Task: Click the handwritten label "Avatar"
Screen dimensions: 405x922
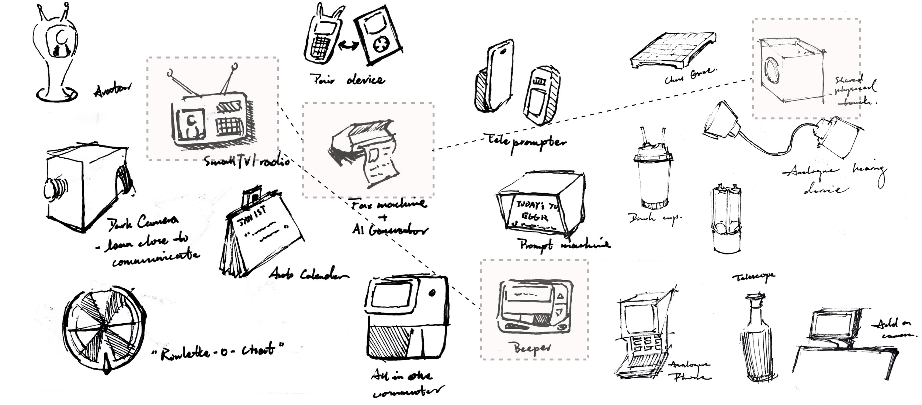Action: pos(112,89)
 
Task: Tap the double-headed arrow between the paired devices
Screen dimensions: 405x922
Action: pos(349,46)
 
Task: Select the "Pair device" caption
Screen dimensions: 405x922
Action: pos(347,80)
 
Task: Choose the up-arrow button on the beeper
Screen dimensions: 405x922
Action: pos(561,296)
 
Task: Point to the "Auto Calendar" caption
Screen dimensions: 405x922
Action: pos(308,274)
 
